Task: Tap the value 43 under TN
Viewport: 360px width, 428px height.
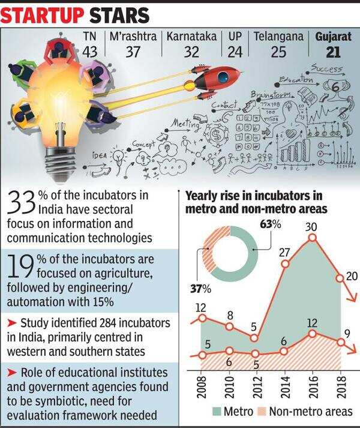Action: (x=89, y=51)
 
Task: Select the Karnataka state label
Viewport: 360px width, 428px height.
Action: (x=191, y=37)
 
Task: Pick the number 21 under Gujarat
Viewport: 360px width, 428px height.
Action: (x=334, y=52)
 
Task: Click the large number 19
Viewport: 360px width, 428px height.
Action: (x=21, y=264)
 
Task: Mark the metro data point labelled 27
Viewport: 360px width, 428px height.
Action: (x=285, y=264)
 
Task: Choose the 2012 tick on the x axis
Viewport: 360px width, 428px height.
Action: (x=256, y=385)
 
